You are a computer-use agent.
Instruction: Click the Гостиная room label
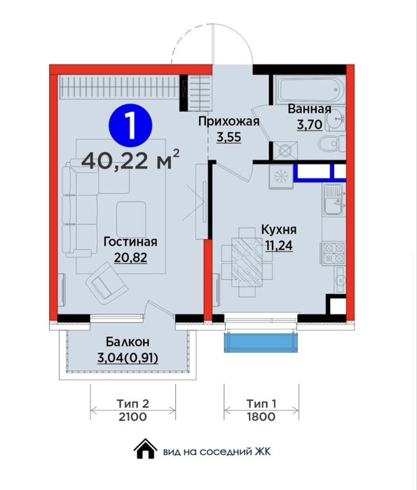point(130,241)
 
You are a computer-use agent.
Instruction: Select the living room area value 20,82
point(130,257)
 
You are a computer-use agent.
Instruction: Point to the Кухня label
point(279,229)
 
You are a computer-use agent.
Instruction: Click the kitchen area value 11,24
point(279,244)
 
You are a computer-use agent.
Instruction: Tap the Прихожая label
point(228,122)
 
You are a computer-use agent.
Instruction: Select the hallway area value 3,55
point(228,137)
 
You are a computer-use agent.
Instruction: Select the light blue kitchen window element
point(261,342)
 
